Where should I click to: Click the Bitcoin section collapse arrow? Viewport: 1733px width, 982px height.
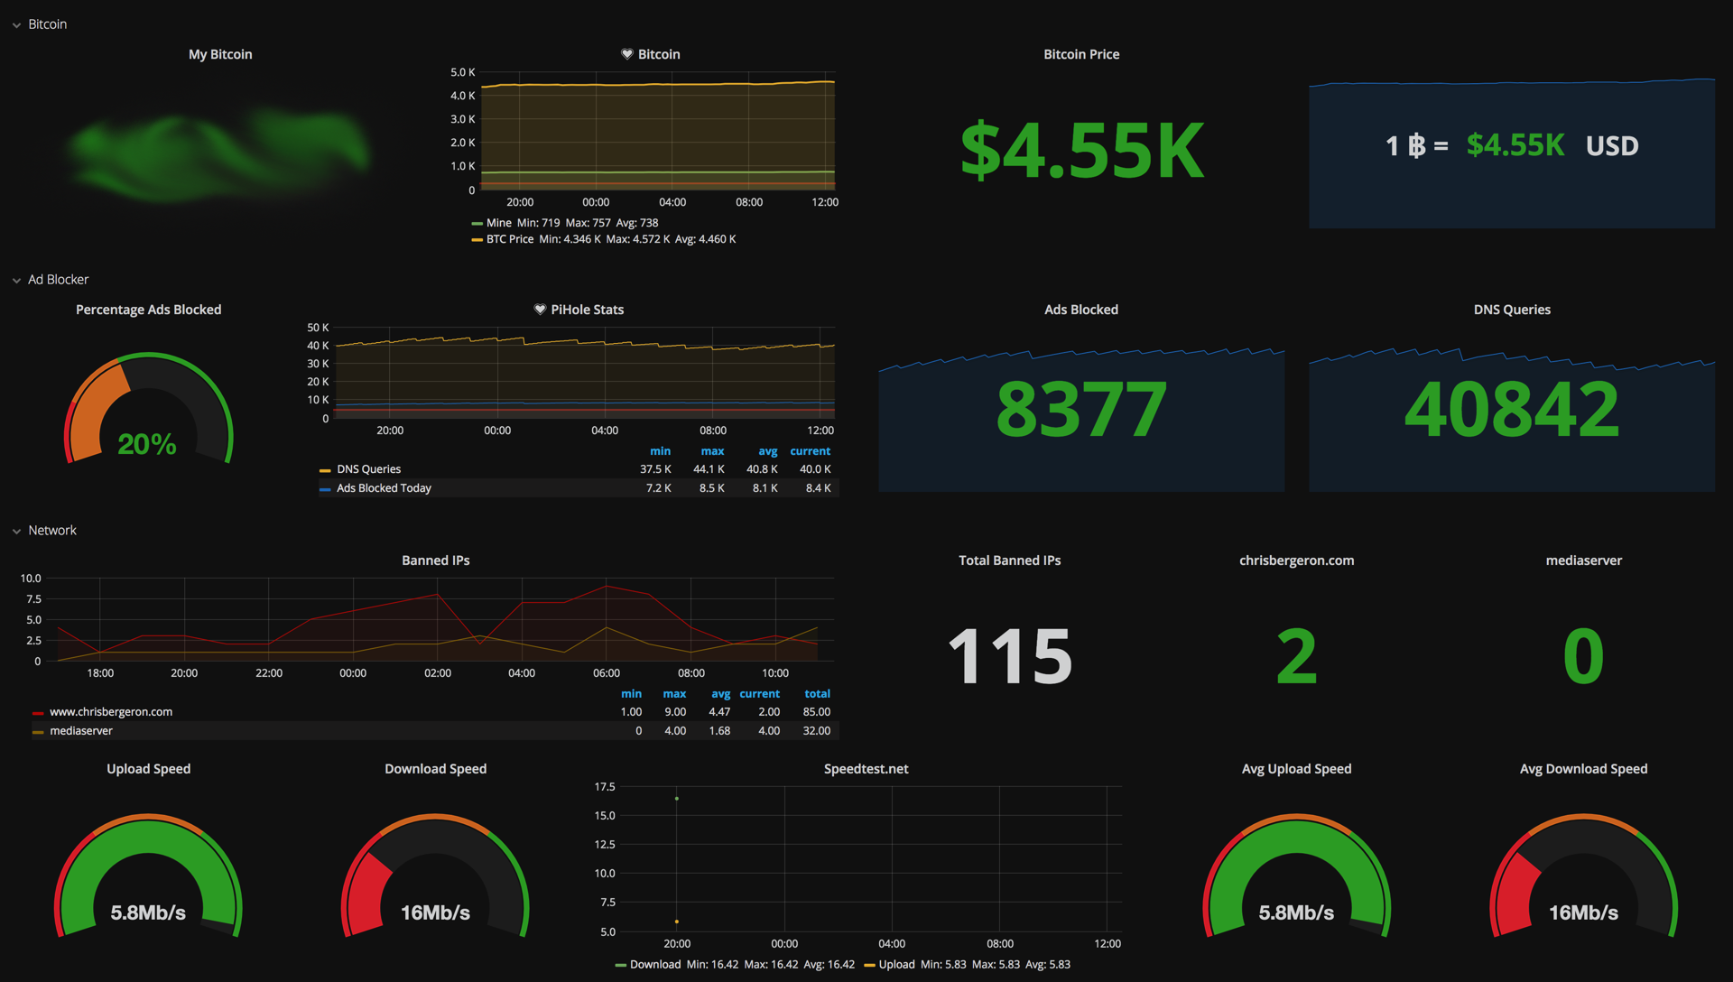pos(16,25)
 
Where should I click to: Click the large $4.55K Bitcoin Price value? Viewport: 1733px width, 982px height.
pos(1081,151)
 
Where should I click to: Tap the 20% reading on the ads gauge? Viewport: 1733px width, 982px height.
pos(147,444)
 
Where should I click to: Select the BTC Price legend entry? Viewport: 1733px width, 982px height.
pos(509,239)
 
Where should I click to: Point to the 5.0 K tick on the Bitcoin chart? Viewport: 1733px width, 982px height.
pos(462,72)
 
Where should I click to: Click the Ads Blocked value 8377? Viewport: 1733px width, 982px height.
pos(1081,410)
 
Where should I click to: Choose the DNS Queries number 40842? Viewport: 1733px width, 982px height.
pos(1512,410)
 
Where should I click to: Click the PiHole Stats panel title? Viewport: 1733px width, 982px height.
pos(587,310)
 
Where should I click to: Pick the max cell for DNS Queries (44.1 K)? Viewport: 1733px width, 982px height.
pos(709,469)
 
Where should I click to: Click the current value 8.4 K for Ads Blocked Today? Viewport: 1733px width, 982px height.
pos(818,488)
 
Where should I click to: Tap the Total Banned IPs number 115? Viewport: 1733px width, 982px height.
pos(1009,656)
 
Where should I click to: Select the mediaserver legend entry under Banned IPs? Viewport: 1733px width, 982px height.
pos(81,731)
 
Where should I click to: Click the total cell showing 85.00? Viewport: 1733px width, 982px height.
pos(816,712)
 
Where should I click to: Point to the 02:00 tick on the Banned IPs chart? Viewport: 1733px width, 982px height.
pos(438,673)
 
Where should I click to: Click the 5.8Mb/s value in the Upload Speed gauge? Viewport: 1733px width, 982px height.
pos(148,913)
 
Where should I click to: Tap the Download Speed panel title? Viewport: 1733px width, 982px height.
pos(435,769)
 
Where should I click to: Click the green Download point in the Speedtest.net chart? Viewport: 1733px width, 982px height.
pos(677,799)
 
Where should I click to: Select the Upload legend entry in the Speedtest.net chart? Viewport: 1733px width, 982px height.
pos(896,965)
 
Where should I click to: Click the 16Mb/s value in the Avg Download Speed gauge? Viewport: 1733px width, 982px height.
pos(1583,913)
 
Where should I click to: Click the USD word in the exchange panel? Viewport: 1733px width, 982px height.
pos(1612,146)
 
